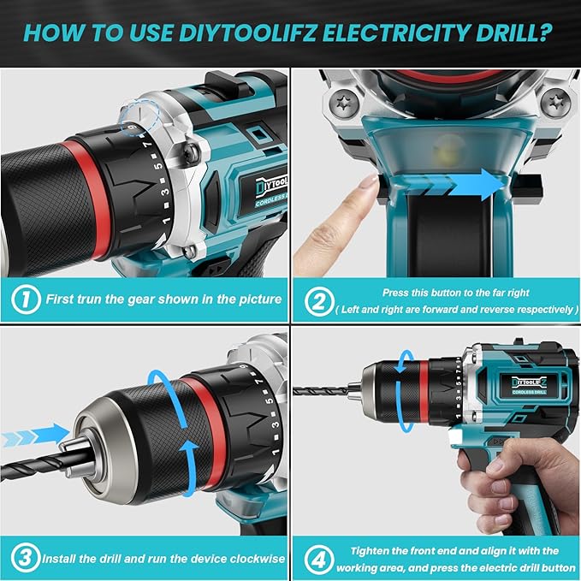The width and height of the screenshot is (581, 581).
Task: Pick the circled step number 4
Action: coord(317,558)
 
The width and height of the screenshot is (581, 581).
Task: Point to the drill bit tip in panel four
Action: coord(297,390)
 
